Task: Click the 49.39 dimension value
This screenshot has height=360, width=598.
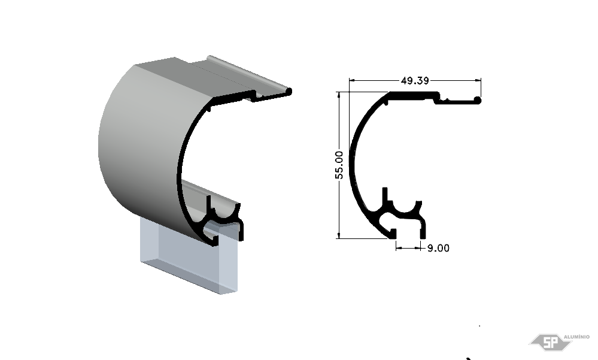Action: [x=415, y=80]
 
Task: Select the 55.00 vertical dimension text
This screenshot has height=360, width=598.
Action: [x=339, y=165]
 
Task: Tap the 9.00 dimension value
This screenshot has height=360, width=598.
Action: [x=438, y=248]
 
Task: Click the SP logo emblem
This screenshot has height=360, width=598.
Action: [x=550, y=342]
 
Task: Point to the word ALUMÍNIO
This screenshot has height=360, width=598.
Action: [x=576, y=337]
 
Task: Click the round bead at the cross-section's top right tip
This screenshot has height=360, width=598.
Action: [x=477, y=101]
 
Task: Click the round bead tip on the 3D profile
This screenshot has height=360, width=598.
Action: [x=289, y=92]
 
